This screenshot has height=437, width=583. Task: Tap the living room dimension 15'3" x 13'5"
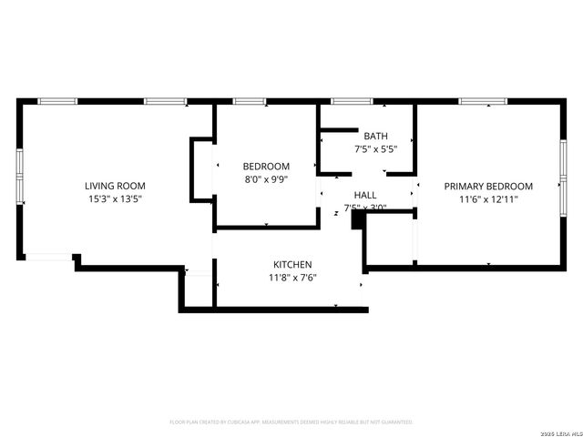(115, 198)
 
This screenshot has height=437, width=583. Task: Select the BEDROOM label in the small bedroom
(266, 166)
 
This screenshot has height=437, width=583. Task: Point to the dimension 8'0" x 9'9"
(266, 179)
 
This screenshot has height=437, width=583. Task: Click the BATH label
(375, 136)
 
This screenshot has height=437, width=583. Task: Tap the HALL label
(364, 195)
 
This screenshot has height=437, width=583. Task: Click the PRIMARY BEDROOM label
(488, 186)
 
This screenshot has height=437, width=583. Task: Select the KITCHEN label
(292, 264)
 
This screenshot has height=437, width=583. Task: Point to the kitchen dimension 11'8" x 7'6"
(292, 278)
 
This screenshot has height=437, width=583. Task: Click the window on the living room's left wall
(21, 175)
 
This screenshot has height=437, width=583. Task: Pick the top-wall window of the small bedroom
(249, 101)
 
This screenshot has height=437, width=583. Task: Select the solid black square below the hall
(357, 219)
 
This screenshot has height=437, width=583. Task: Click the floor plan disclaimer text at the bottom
(291, 422)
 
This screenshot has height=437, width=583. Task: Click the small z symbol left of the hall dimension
(336, 213)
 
